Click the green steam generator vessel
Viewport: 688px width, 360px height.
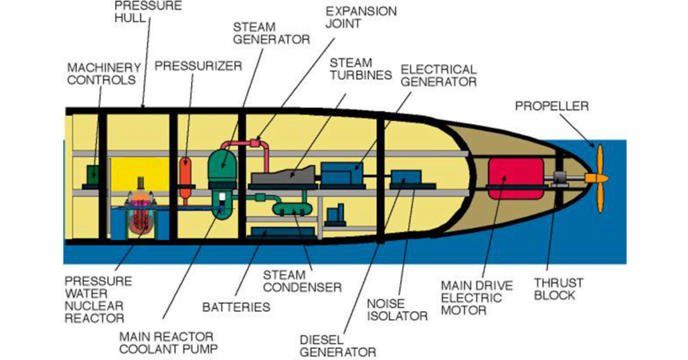[x=224, y=170]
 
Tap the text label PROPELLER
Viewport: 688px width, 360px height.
[x=552, y=105]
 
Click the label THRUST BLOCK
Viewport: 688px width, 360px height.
[x=560, y=289]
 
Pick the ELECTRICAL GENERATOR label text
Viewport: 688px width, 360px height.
[x=438, y=75]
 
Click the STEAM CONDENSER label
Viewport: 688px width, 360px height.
[x=302, y=280]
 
